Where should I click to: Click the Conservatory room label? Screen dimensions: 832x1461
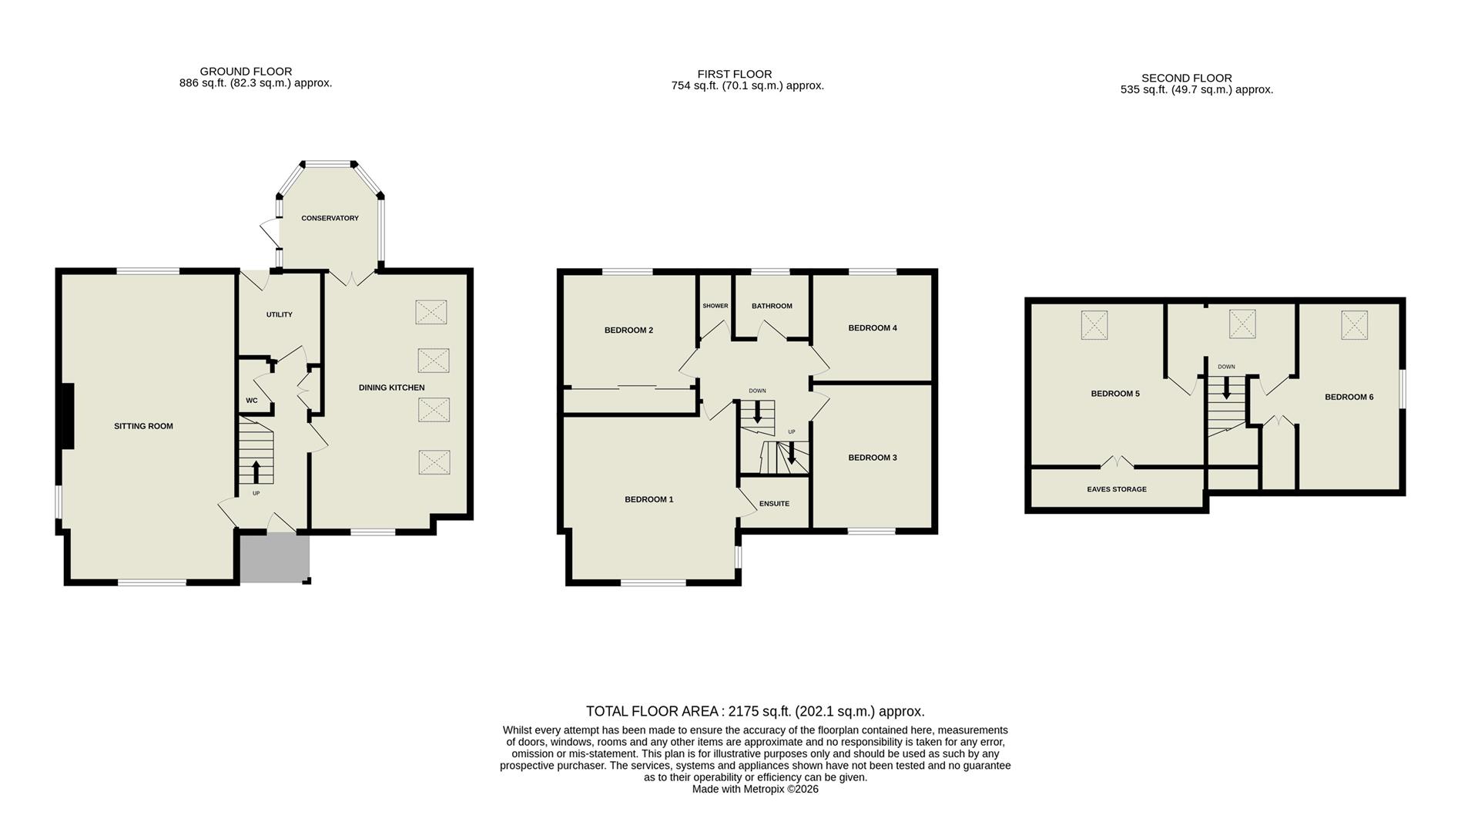330,218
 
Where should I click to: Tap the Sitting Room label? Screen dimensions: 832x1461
143,426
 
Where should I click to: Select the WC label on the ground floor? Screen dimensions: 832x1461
251,401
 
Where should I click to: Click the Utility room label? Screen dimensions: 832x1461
279,314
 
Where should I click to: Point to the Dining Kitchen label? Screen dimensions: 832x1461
391,387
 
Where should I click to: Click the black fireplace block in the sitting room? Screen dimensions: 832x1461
67,416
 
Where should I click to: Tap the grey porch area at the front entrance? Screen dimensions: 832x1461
274,559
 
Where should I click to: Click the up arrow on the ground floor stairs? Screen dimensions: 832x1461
256,471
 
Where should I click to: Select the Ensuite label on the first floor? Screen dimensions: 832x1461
774,504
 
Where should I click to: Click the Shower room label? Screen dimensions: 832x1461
715,306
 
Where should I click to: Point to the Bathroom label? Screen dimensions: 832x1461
772,306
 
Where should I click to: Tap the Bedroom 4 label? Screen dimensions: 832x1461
872,327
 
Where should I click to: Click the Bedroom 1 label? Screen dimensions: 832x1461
648,499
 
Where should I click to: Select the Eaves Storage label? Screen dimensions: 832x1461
1116,489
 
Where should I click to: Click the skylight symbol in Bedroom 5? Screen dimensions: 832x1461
1094,324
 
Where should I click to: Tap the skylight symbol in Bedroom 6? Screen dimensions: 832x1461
1354,324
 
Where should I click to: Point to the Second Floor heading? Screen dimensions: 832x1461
1186,78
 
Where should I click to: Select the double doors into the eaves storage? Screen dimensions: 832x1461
1117,462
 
